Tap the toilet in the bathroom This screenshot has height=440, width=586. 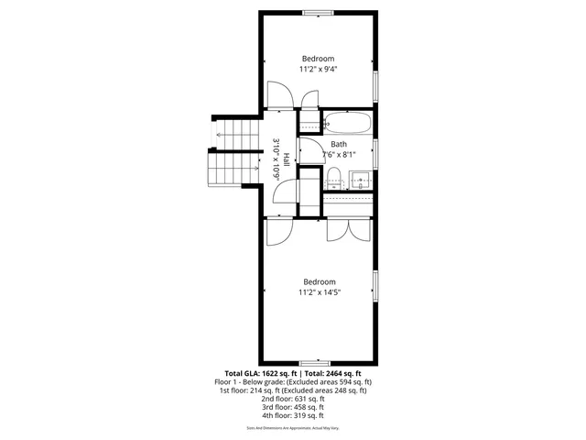(334, 176)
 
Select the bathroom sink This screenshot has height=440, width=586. (362, 178)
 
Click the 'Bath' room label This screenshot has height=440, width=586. (339, 144)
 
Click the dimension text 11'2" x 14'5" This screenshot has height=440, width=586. (318, 293)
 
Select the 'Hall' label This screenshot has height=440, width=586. (287, 158)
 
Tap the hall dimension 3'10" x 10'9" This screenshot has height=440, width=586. (276, 158)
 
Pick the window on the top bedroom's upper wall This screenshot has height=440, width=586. (318, 12)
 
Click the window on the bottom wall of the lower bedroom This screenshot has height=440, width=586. (315, 363)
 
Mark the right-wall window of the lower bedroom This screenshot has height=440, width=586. (375, 286)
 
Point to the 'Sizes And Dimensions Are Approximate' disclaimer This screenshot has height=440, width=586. (292, 428)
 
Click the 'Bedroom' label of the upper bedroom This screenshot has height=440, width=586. (318, 59)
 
